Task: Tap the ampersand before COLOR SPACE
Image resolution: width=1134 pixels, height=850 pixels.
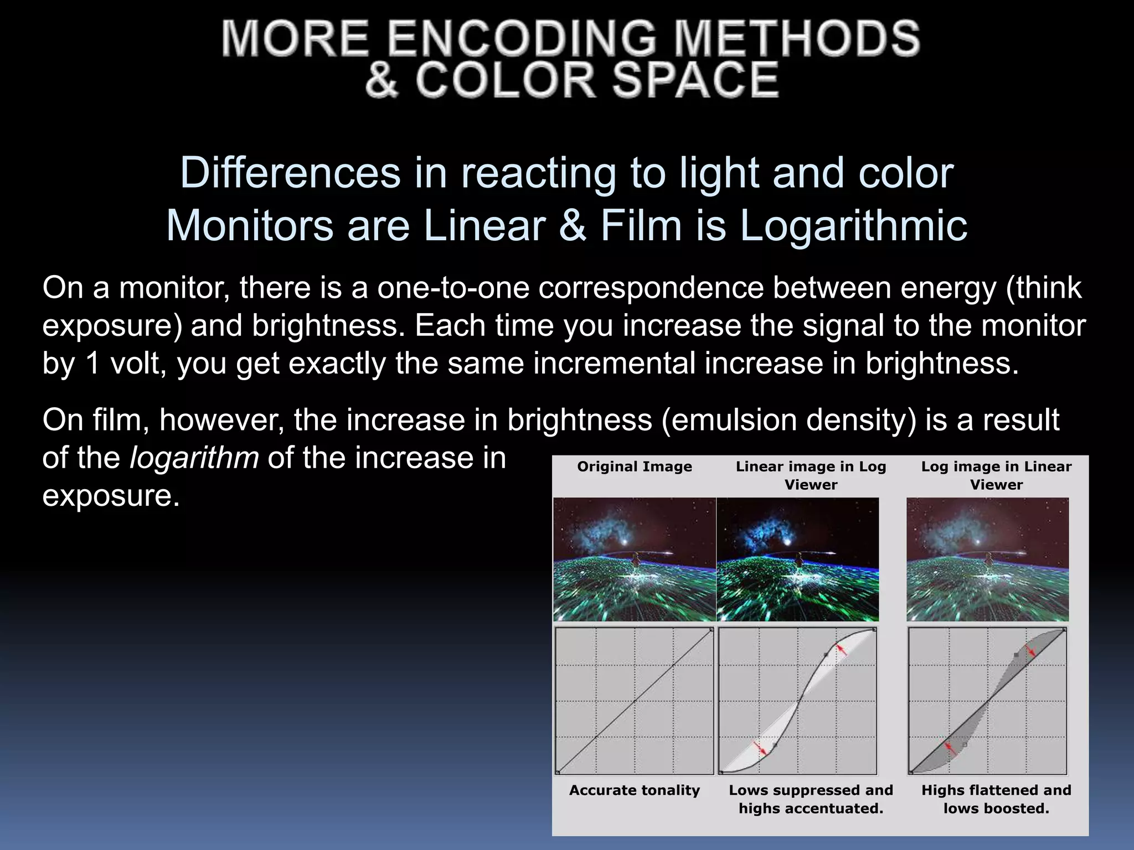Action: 382,80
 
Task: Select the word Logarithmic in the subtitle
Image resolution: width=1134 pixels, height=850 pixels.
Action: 853,226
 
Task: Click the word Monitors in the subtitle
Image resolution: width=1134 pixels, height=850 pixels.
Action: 249,226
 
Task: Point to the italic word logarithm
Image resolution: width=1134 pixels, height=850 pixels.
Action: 194,458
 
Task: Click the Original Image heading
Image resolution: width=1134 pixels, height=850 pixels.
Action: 635,467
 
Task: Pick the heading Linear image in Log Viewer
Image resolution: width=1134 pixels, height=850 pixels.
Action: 811,475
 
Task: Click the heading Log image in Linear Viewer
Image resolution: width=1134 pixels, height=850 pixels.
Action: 996,475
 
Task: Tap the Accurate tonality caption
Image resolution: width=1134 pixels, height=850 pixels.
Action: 635,790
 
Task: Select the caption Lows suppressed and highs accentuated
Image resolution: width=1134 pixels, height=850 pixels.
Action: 811,799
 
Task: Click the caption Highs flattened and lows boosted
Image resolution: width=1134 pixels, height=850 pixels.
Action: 996,799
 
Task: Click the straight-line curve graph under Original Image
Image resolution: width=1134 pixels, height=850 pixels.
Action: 635,701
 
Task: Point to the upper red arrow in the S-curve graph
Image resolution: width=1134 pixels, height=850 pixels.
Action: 842,650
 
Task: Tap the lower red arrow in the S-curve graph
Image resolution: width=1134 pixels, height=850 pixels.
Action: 760,748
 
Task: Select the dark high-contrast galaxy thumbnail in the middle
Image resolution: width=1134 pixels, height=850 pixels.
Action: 797,559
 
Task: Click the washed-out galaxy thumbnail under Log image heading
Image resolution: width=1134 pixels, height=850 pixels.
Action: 987,559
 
